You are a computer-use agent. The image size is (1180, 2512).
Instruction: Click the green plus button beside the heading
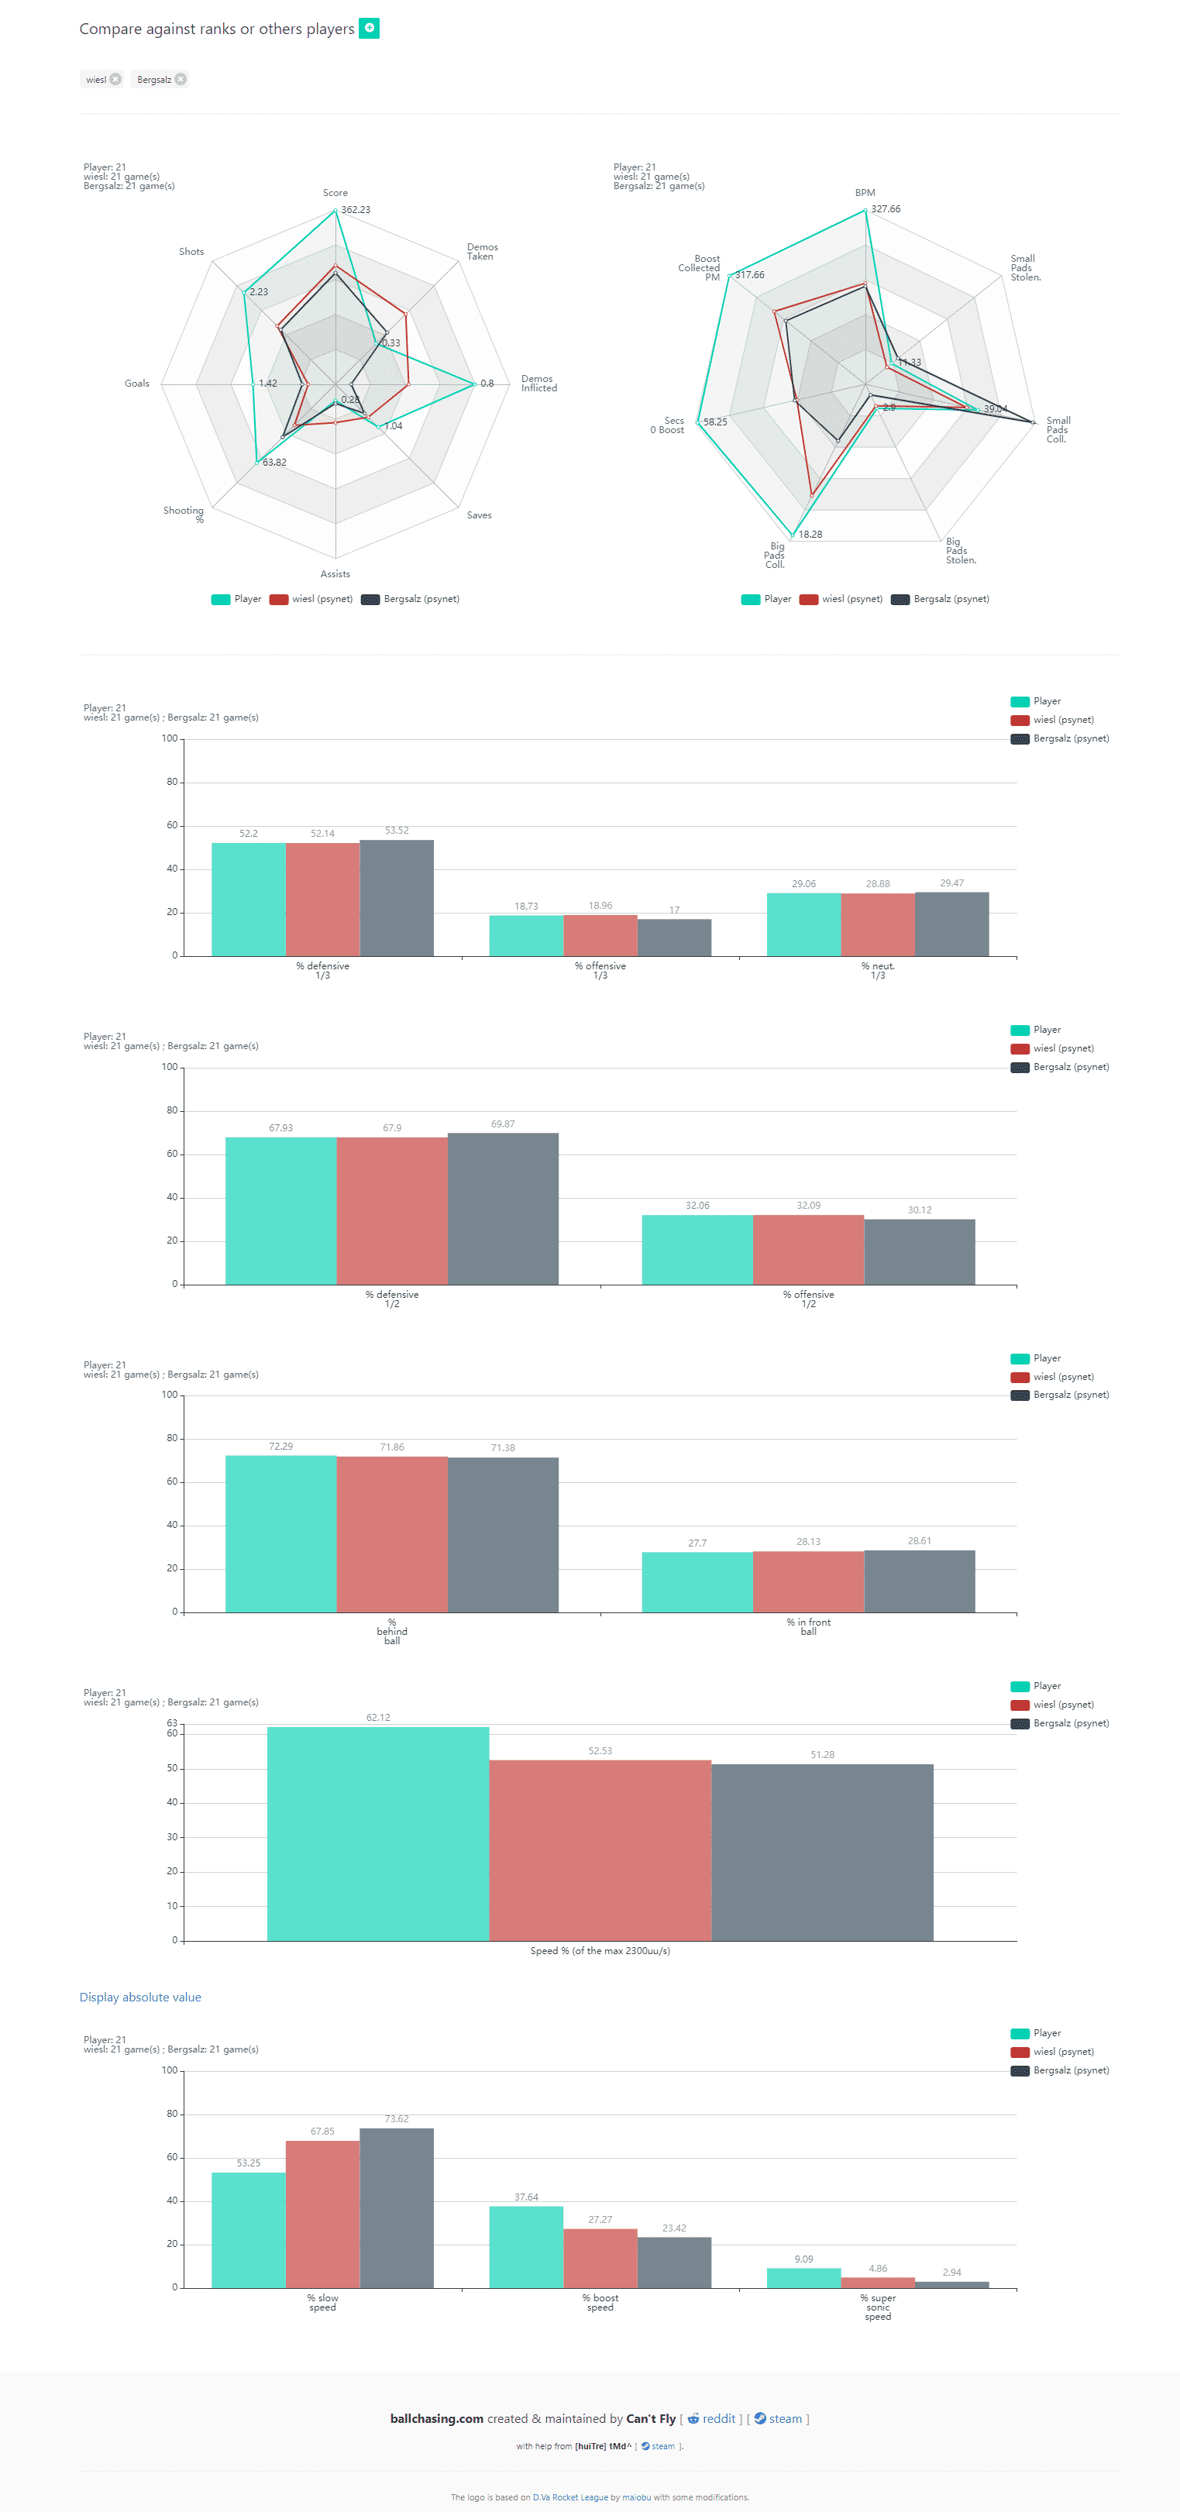[x=369, y=28]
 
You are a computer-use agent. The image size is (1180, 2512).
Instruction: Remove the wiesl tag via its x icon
[x=115, y=80]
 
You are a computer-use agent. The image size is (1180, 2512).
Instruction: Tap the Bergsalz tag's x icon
[x=181, y=80]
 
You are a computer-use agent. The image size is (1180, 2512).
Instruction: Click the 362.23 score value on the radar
[x=355, y=210]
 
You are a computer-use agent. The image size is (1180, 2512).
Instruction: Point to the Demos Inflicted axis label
[x=538, y=384]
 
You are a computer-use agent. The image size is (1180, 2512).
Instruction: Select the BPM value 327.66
[x=886, y=208]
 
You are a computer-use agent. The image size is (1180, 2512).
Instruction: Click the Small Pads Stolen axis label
[x=1025, y=268]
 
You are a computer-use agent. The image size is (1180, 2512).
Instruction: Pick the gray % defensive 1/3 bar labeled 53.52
[x=396, y=897]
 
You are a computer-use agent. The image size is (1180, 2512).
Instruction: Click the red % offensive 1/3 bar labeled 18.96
[x=600, y=935]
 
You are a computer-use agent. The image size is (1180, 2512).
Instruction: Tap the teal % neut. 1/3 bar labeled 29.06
[x=803, y=924]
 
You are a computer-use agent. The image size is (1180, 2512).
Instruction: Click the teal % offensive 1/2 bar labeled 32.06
[x=697, y=1249]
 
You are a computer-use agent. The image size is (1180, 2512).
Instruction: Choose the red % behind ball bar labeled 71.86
[x=392, y=1534]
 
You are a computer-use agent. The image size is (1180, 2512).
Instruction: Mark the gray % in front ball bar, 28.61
[x=919, y=1581]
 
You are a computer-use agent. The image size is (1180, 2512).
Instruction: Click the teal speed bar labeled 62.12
[x=377, y=1833]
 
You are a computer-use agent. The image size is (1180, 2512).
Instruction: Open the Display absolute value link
[x=140, y=1997]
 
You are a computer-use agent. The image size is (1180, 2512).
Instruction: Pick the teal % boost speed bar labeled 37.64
[x=525, y=2247]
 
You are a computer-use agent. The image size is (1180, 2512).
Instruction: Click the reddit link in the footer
[x=717, y=2418]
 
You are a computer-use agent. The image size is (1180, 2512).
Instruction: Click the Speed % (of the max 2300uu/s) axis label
[x=600, y=1950]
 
